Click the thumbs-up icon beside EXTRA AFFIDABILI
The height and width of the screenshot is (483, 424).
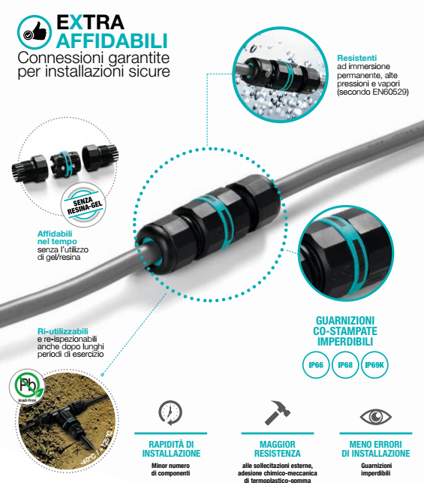point(35,32)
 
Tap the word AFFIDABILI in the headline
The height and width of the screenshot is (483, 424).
point(112,41)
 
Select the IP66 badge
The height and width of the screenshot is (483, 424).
point(316,365)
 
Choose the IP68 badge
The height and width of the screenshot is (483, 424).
point(345,365)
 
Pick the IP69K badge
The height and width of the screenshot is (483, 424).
point(374,365)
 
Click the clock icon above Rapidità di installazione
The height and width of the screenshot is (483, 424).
point(170,412)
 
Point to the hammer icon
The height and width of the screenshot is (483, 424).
point(277,413)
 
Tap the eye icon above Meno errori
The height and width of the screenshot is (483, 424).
point(376,416)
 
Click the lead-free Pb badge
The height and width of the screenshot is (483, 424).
point(27,386)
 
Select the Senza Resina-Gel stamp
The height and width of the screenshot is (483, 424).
point(84,204)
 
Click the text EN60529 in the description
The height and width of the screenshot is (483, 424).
point(390,92)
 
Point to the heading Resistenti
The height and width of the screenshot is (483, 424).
point(357,58)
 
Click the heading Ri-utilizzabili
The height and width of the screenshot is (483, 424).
point(63,331)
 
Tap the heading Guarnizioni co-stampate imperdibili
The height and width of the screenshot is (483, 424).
point(345,331)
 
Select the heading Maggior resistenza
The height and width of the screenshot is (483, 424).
point(277,448)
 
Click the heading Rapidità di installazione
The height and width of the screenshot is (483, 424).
point(171,448)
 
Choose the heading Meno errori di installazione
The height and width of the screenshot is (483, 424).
point(376,448)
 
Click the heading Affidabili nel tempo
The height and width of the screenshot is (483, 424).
point(57,237)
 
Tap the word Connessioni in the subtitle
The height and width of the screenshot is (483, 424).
point(62,58)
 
